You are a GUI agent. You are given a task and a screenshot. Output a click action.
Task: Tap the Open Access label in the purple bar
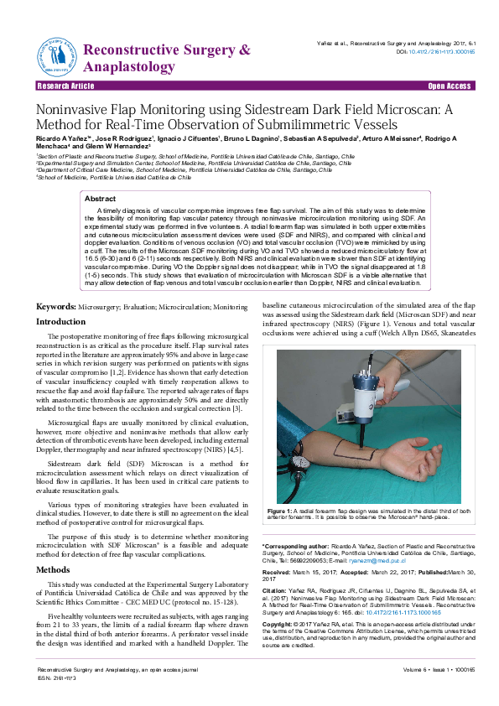tap(450, 86)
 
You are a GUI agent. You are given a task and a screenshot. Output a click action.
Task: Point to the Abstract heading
tap(100, 198)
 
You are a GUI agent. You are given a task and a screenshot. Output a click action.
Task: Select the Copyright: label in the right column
tap(280, 626)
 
